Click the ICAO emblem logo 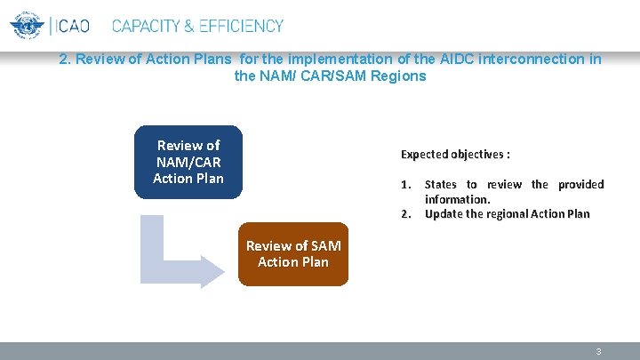(x=27, y=25)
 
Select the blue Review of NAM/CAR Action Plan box (x=188, y=162)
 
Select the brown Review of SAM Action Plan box (x=293, y=253)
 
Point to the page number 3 (x=598, y=352)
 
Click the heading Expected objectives (x=455, y=155)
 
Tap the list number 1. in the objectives (x=405, y=185)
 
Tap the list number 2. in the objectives (x=405, y=214)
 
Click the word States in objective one (x=440, y=185)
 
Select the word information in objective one (x=457, y=199)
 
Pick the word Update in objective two (x=444, y=214)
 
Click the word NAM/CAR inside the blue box (x=188, y=162)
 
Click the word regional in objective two (x=507, y=214)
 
